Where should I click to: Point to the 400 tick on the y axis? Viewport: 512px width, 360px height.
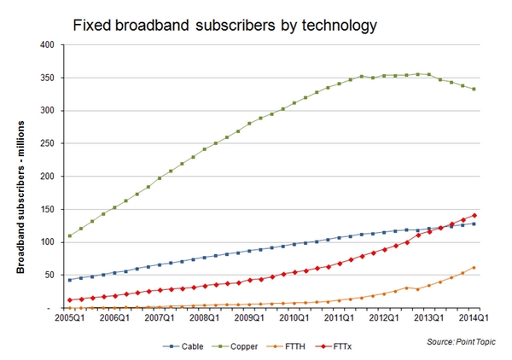tap(54, 45)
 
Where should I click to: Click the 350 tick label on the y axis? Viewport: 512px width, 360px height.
tap(54, 78)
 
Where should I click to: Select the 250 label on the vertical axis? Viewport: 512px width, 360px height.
tap(54, 144)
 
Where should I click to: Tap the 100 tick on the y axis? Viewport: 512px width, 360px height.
tap(54, 242)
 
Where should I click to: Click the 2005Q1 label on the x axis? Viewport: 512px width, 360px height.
tap(69, 318)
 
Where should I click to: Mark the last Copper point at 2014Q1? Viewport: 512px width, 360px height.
tap(474, 90)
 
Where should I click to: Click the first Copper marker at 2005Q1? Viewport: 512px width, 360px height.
tap(69, 235)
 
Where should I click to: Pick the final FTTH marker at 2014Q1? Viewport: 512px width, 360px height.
tap(474, 268)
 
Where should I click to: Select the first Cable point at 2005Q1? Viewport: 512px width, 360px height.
tap(69, 280)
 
